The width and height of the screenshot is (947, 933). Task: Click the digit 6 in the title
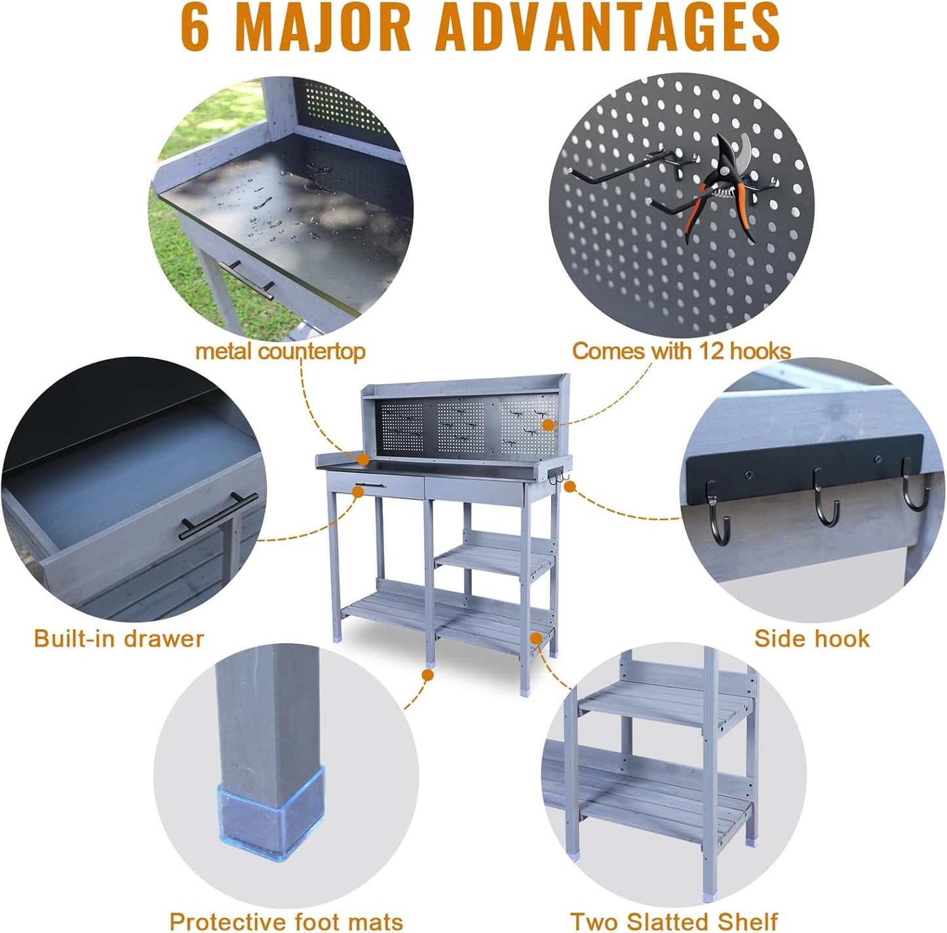point(195,28)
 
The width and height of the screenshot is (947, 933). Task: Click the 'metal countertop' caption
point(280,351)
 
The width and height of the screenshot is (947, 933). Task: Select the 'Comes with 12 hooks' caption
point(681,351)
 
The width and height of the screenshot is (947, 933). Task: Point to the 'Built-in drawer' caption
point(119,638)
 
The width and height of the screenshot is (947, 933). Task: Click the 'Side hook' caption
point(811,638)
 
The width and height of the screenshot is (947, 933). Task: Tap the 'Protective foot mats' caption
point(286,921)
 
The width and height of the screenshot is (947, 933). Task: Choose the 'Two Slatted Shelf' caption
point(674,921)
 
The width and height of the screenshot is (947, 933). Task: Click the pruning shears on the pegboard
point(724,186)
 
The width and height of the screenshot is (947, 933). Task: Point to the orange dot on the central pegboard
point(548,425)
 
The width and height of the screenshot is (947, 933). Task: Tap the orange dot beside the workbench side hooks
point(570,486)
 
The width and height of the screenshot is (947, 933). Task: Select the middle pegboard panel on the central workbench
point(461,425)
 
